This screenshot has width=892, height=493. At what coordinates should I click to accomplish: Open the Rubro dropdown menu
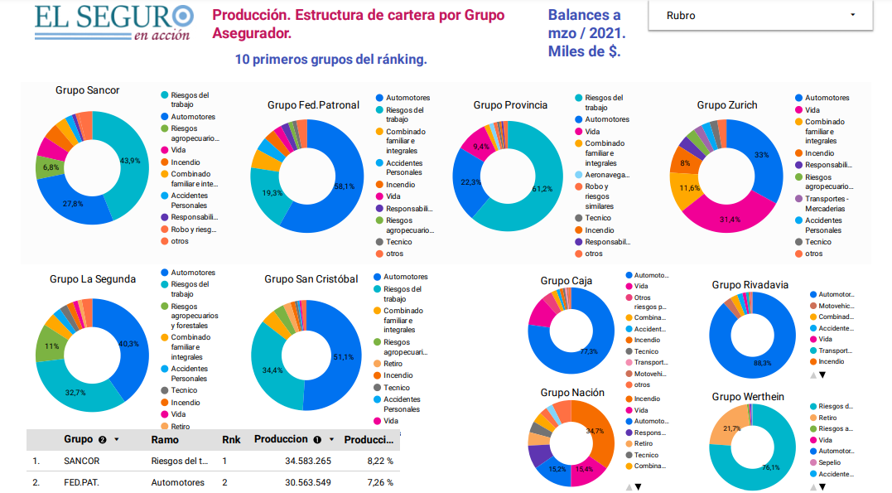coord(760,16)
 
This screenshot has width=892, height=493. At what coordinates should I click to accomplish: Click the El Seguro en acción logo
coord(114,22)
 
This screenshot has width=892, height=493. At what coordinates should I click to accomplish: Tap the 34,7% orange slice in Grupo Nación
coord(598,433)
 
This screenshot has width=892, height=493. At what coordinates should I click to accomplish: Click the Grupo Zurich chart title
coord(726,105)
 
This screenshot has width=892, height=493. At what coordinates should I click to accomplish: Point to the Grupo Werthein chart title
coord(747,397)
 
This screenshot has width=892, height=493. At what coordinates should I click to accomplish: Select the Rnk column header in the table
coord(231,440)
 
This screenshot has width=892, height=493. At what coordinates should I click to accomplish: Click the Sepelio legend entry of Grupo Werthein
coord(834,462)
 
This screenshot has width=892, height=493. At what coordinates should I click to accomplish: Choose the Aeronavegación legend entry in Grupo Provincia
coord(608,175)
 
